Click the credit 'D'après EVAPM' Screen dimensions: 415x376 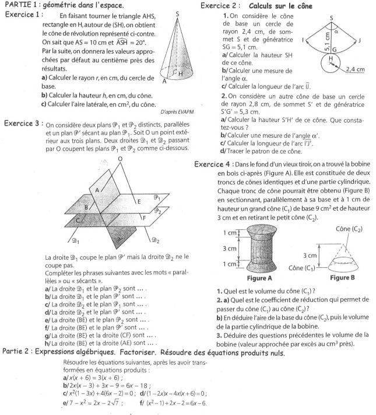click(x=175, y=110)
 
